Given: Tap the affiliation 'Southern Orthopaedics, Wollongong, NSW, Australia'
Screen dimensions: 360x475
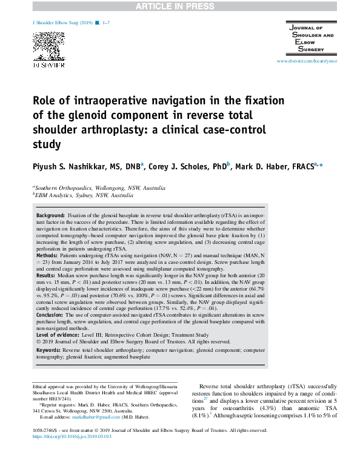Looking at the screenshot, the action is [x=99, y=189].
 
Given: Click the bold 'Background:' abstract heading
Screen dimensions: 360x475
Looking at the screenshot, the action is [x=50, y=216].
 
